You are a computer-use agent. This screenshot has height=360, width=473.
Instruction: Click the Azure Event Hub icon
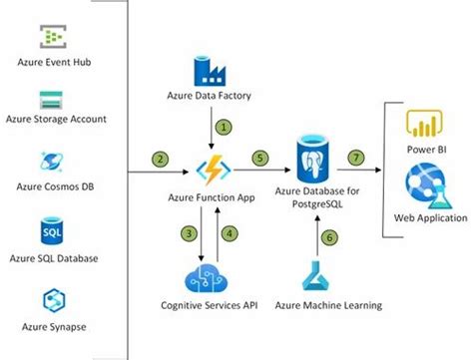coord(52,37)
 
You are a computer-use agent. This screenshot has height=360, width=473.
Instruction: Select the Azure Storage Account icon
coord(52,100)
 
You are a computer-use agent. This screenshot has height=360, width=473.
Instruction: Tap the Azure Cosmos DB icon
coord(52,164)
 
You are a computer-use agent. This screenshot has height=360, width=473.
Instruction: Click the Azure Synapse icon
coord(52,300)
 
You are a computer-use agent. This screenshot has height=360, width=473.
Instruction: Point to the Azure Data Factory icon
coord(211,73)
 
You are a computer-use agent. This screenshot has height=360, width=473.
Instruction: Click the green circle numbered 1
coord(226,128)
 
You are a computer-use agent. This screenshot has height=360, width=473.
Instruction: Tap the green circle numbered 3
coord(187,233)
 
